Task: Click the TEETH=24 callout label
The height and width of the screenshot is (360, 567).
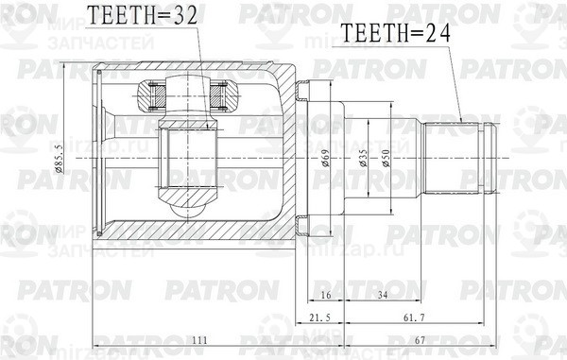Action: click(x=395, y=36)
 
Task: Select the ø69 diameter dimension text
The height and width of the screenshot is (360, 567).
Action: click(x=324, y=160)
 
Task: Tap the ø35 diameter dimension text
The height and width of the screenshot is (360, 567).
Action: click(x=364, y=160)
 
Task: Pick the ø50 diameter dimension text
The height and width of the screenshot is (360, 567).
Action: click(x=387, y=160)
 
